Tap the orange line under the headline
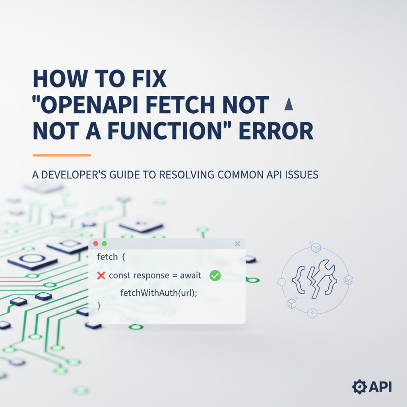[62, 155]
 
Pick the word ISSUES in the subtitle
[300, 175]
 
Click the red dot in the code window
[95, 244]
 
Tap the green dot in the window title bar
[104, 244]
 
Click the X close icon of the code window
[237, 244]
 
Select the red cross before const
[101, 275]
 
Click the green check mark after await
[215, 275]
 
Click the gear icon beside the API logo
[359, 386]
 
